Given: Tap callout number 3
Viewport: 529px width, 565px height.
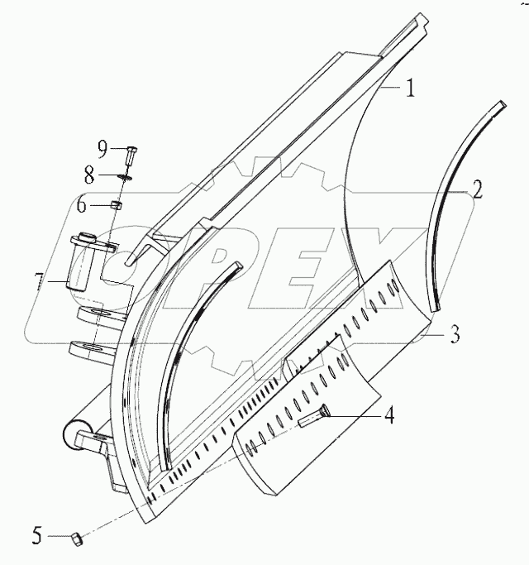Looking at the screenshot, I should click(455, 337).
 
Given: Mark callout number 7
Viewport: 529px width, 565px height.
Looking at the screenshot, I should click(38, 281).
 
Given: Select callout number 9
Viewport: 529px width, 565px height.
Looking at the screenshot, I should click(102, 148).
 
